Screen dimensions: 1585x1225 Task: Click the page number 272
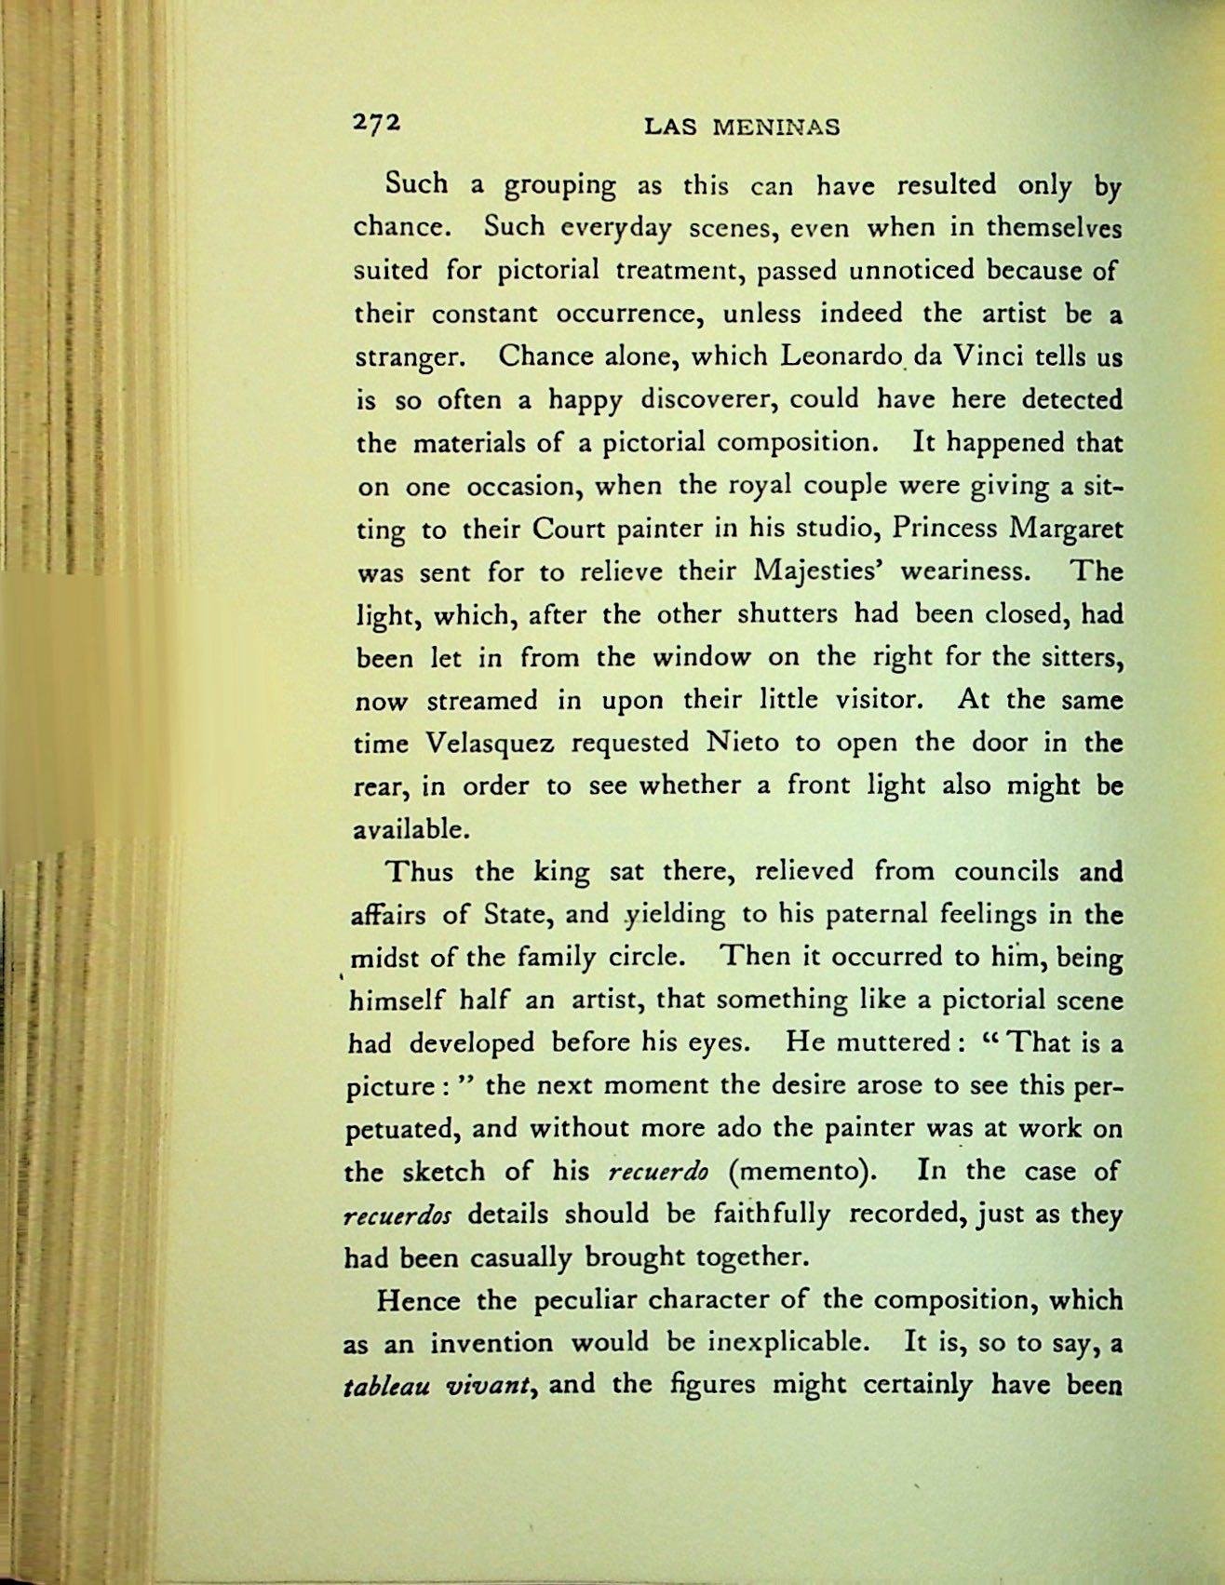(x=376, y=125)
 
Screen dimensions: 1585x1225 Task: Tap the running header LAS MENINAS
(x=742, y=128)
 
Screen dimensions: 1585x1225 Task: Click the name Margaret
(x=1067, y=528)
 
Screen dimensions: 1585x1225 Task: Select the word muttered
(x=893, y=1042)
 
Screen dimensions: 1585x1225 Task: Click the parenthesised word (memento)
(x=803, y=1171)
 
